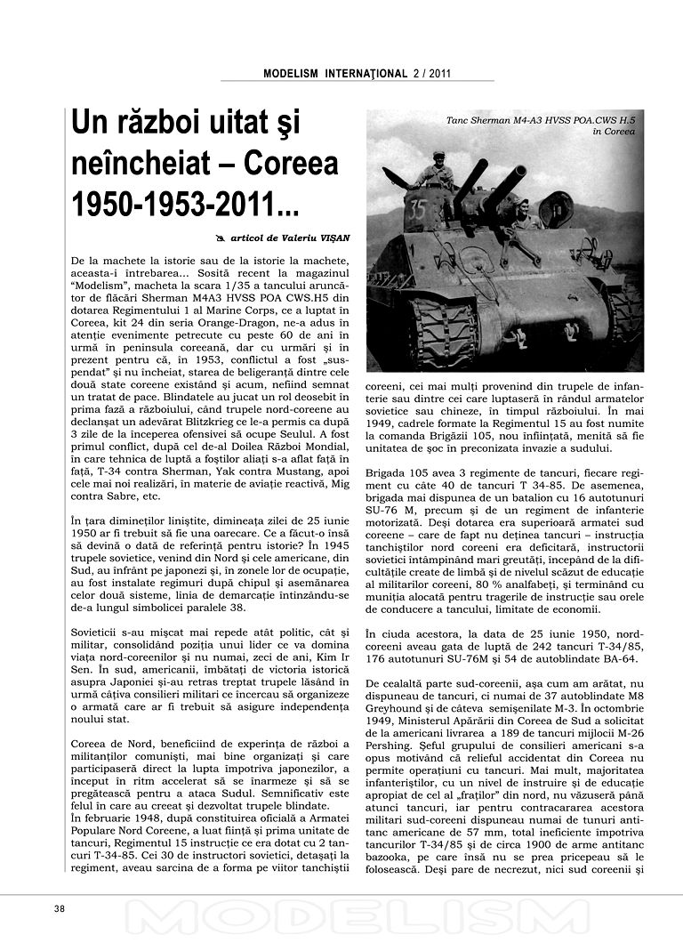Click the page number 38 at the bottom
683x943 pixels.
pyautogui.click(x=60, y=908)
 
